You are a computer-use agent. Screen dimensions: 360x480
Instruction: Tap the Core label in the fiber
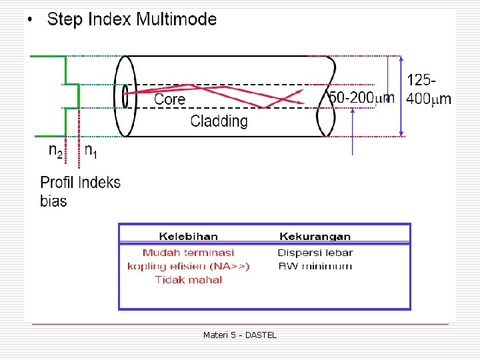pyautogui.click(x=169, y=99)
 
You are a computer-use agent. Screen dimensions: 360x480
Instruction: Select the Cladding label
pyautogui.click(x=219, y=121)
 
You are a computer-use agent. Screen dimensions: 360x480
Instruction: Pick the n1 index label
pyautogui.click(x=91, y=151)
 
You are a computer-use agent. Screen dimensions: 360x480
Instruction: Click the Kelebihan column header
pyautogui.click(x=188, y=236)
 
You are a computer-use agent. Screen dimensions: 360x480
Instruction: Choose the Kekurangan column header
pyautogui.click(x=315, y=236)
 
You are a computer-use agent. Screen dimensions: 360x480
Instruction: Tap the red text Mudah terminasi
pyautogui.click(x=188, y=253)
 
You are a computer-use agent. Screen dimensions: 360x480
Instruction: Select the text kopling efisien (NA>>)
pyautogui.click(x=188, y=266)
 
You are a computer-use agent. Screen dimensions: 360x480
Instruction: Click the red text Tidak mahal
pyautogui.click(x=189, y=279)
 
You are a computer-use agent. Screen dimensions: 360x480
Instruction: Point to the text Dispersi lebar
pyautogui.click(x=315, y=253)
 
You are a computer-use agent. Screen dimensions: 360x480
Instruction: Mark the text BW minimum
pyautogui.click(x=315, y=266)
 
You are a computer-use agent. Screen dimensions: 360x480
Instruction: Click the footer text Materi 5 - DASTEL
pyautogui.click(x=239, y=335)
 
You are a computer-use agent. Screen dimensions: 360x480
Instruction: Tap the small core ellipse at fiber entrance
pyautogui.click(x=125, y=95)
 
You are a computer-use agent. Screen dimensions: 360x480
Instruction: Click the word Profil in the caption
pyautogui.click(x=57, y=183)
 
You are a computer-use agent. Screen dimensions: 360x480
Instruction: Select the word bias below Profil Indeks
pyautogui.click(x=53, y=201)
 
